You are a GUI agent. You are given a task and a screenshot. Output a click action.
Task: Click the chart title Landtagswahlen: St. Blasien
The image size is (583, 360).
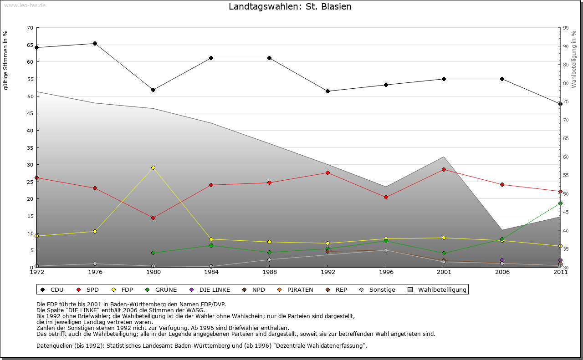(290, 7)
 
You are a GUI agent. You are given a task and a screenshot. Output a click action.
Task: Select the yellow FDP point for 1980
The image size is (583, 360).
(153, 167)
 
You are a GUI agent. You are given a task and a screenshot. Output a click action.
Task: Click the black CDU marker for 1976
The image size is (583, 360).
(95, 44)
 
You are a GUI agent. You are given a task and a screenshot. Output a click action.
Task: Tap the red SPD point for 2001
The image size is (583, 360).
(444, 169)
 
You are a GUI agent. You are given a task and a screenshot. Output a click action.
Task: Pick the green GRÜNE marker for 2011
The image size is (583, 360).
(560, 203)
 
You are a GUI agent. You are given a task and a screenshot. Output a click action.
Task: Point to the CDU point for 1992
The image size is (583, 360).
(327, 91)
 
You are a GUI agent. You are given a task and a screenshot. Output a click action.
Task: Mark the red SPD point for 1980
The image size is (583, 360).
(153, 218)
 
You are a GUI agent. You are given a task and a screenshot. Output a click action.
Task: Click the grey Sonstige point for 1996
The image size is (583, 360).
(386, 250)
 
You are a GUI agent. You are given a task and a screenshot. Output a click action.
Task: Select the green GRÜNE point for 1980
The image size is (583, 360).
(153, 253)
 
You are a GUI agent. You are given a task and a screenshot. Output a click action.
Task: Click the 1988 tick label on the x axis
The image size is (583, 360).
(270, 272)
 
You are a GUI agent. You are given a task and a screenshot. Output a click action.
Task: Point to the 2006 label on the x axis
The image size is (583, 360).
(502, 272)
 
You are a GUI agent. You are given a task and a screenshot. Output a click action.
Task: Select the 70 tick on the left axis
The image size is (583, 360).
(30, 28)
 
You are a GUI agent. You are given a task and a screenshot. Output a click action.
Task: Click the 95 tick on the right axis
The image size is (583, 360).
(566, 28)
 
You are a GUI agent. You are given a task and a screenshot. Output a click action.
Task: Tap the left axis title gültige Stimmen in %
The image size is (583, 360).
(5, 60)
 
